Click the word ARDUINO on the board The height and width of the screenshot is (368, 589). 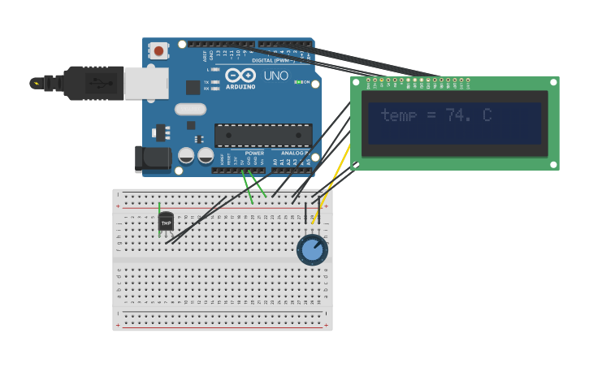[240, 86]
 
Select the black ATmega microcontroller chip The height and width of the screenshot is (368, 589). [263, 135]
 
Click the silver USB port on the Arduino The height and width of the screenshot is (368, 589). [146, 83]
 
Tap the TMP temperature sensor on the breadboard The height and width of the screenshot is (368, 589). [166, 222]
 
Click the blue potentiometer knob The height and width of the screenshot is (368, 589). [312, 250]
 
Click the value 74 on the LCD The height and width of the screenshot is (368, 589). [458, 116]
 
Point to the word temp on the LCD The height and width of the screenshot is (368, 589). [398, 116]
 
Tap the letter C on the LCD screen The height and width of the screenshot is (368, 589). [487, 115]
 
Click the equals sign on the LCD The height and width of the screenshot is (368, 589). [431, 116]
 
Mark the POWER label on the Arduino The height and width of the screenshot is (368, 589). [254, 153]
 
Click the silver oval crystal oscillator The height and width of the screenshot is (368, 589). [190, 109]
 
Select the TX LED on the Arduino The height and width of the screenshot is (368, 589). [214, 82]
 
